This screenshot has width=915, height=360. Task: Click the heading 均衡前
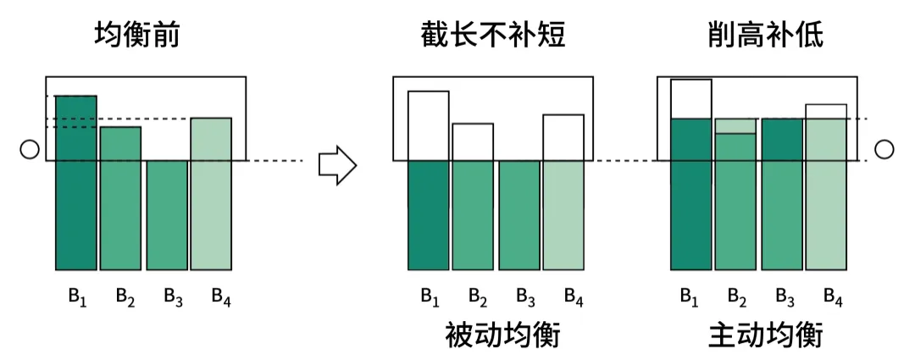pyautogui.click(x=137, y=36)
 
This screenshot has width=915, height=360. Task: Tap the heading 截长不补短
pyautogui.click(x=492, y=36)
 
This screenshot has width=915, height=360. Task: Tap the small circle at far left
pyautogui.click(x=29, y=150)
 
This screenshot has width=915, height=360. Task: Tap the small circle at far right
pyautogui.click(x=884, y=150)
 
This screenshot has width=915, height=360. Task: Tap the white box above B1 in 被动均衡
pyautogui.click(x=428, y=125)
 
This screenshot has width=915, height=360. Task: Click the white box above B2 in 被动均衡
pyautogui.click(x=472, y=141)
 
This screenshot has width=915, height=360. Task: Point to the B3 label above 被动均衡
pyautogui.click(x=525, y=296)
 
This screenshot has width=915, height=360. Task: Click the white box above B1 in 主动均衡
pyautogui.click(x=690, y=99)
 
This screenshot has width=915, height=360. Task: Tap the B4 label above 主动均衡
pyautogui.click(x=834, y=296)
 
